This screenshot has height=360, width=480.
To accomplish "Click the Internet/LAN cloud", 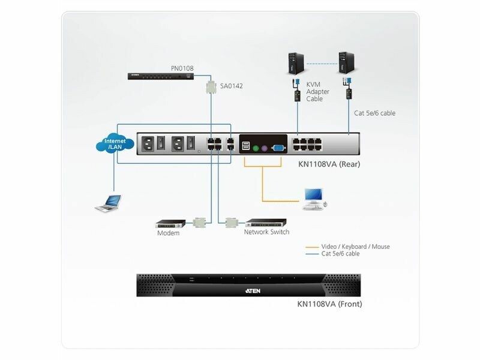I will (115, 143).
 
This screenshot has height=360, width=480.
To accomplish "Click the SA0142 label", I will (232, 86).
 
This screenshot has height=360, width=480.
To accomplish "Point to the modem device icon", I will (168, 223).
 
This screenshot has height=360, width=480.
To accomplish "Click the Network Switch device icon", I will (266, 222).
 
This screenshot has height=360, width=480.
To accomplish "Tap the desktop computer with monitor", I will (314, 197).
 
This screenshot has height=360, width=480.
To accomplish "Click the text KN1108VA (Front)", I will (329, 304).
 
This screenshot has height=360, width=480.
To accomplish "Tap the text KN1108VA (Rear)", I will (329, 163).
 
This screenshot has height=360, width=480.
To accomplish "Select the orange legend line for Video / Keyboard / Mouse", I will (311, 247).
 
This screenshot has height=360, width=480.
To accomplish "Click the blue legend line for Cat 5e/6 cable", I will (311, 254).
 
